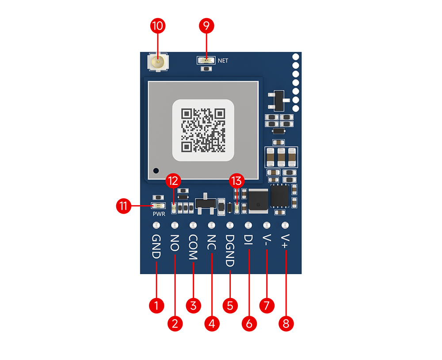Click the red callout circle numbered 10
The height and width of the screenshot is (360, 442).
coord(158,26)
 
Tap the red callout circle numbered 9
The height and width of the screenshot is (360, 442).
coord(206,26)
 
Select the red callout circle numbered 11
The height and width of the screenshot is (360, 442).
coord(123,206)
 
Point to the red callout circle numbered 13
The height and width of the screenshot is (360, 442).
coord(237,180)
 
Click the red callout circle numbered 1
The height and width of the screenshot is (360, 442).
coord(156,306)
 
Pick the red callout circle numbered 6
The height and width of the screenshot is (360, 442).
coord(249,324)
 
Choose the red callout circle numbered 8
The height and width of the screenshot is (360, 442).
coord(286,324)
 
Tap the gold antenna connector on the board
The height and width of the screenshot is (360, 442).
coord(158,62)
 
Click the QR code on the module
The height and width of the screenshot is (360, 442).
coord(203,130)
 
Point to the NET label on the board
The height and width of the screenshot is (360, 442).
coord(223,61)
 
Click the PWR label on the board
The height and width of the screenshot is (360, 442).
coord(159,214)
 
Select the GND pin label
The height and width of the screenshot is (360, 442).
coord(156,247)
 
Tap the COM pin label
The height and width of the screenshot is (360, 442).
coord(193,247)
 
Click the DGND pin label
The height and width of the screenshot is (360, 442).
coord(230,250)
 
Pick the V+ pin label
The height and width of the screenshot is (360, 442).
coord(285,241)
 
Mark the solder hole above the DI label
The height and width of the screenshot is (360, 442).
coord(248,225)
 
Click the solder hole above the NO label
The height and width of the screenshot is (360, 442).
coord(175,225)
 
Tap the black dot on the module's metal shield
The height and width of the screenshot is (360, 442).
coord(156,171)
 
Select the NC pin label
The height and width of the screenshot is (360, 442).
coord(211,242)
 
